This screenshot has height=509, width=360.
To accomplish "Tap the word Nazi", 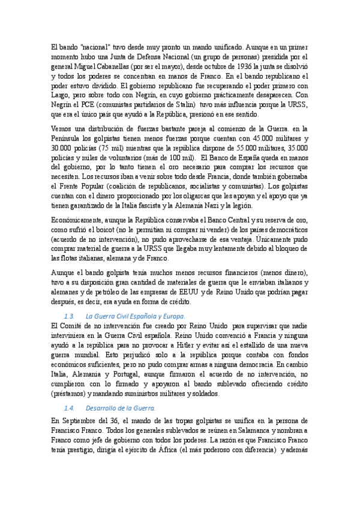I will (x=214, y=205).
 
